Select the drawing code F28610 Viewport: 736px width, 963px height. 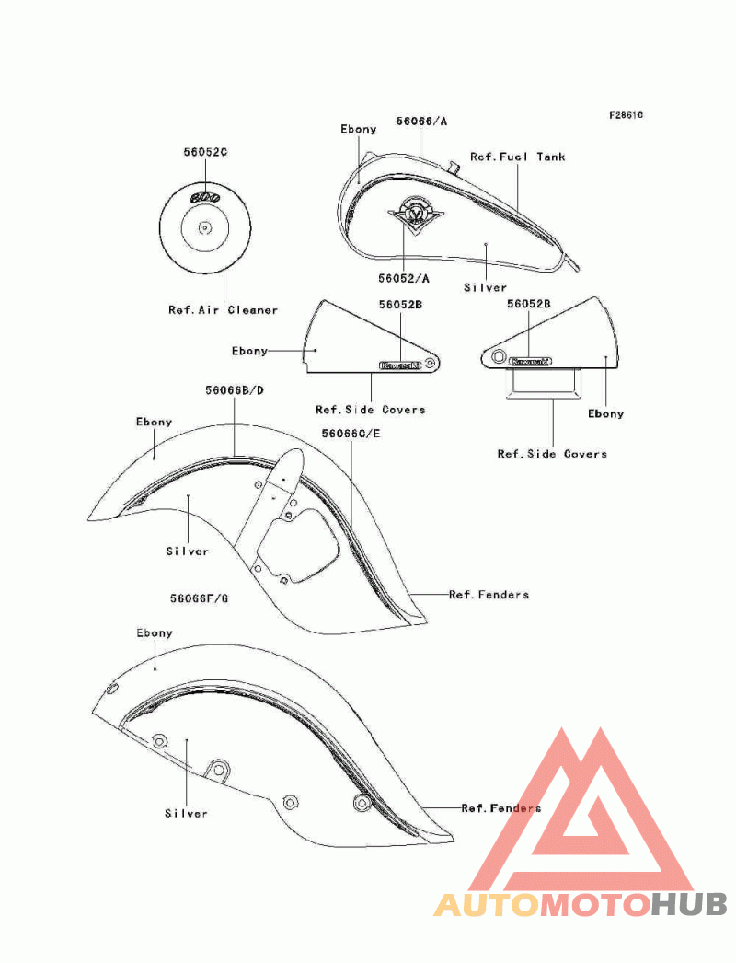click(626, 116)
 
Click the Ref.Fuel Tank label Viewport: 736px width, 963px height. click(518, 157)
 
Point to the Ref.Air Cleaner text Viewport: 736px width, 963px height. click(223, 310)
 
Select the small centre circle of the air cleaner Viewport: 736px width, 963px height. click(204, 226)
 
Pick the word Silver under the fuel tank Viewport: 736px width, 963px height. click(485, 288)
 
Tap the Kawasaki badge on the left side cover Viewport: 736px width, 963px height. click(400, 365)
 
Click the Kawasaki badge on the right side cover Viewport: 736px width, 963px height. click(532, 362)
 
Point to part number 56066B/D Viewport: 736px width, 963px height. click(235, 390)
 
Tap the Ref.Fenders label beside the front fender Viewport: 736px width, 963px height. click(489, 595)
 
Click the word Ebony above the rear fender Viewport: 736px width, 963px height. click(155, 633)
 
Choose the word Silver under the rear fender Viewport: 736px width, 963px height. click(186, 813)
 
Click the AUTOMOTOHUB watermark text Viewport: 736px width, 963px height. click(581, 904)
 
